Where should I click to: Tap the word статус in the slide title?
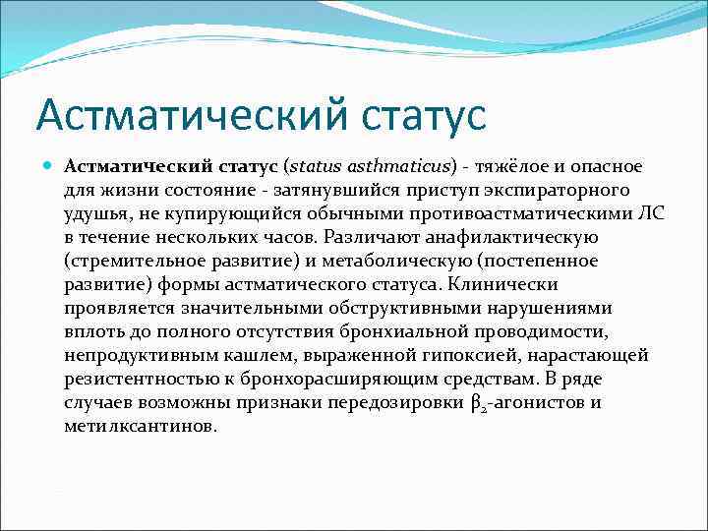pyautogui.click(x=426, y=113)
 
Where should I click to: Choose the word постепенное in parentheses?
pyautogui.click(x=553, y=260)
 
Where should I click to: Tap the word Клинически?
pyautogui.click(x=502, y=283)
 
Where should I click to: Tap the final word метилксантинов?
pyautogui.click(x=140, y=427)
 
